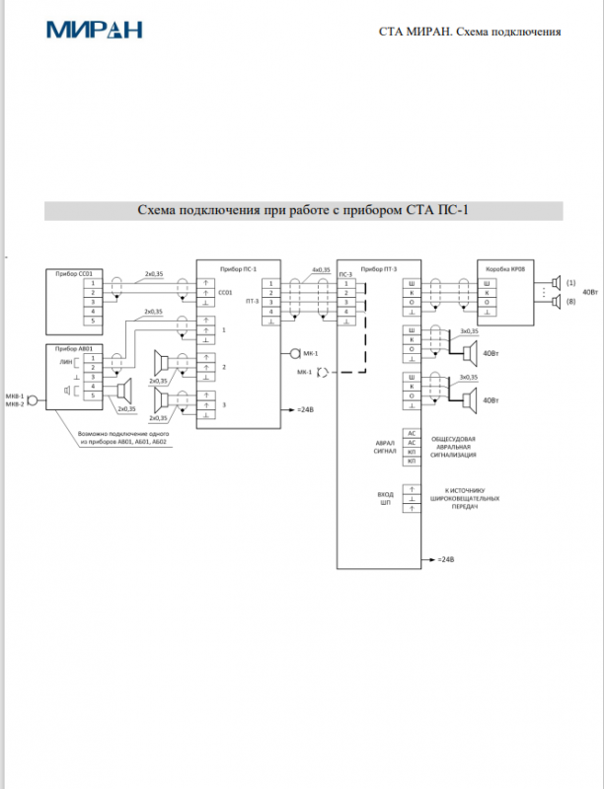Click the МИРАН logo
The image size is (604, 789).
(95, 29)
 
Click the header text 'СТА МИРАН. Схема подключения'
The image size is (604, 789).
(470, 32)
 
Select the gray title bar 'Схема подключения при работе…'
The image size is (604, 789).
(302, 210)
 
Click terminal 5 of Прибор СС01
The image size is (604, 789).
(93, 321)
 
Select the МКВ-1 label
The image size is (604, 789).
(14, 394)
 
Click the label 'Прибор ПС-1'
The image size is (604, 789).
(238, 268)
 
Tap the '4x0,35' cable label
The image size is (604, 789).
(321, 268)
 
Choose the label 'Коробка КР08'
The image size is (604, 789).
(505, 268)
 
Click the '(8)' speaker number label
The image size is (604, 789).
(570, 302)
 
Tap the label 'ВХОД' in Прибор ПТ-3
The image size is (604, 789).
(386, 493)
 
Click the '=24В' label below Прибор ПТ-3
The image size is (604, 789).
(444, 559)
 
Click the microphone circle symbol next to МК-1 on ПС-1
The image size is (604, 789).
(293, 352)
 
